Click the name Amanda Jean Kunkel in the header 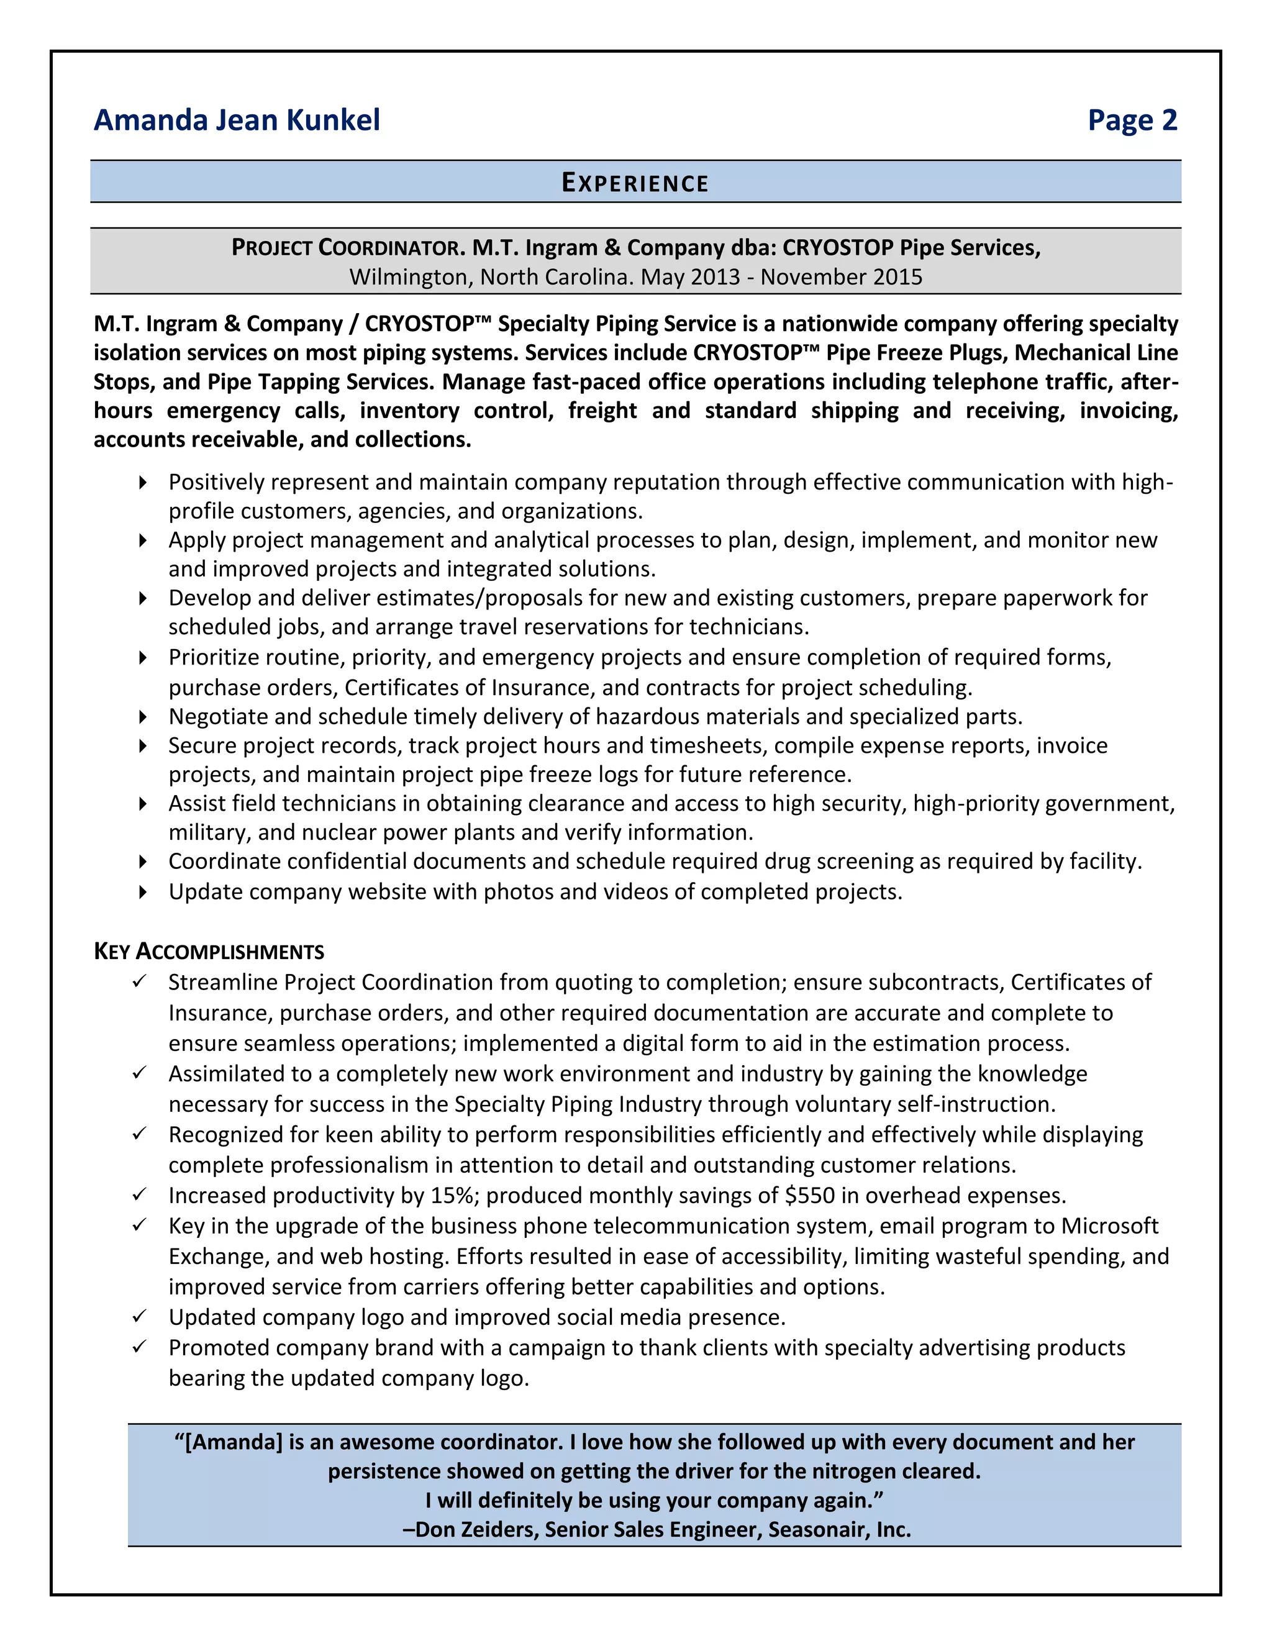click(x=237, y=120)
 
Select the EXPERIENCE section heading click(x=635, y=183)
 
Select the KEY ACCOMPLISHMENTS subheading click(x=209, y=951)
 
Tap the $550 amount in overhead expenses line click(x=809, y=1195)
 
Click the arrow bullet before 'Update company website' click(x=142, y=893)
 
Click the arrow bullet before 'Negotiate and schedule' click(x=142, y=717)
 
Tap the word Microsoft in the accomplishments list click(x=1109, y=1225)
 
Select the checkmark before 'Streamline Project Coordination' click(x=139, y=981)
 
